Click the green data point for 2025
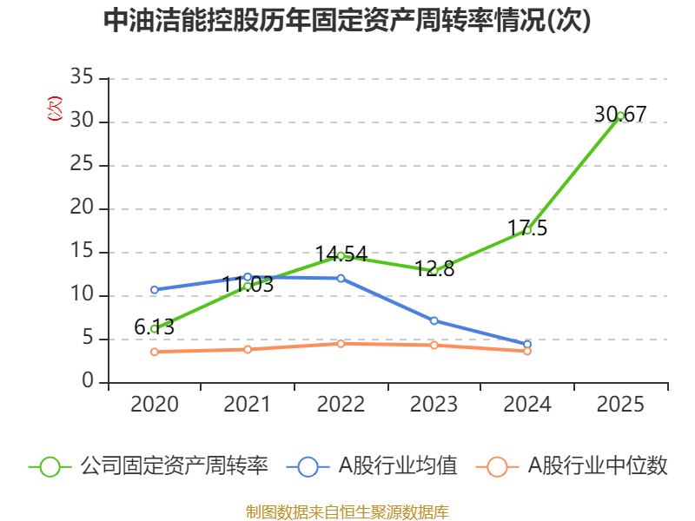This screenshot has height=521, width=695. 620,115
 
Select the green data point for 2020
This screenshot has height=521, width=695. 154,329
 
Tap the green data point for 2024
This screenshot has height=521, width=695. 527,230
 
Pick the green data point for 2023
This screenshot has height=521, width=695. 434,271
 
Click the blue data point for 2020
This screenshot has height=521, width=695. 154,290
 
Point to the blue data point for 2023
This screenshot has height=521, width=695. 434,320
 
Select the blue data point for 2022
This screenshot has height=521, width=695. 341,279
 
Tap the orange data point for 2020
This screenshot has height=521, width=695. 154,352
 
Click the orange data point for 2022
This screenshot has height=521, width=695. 341,344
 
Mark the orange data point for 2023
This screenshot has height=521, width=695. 434,346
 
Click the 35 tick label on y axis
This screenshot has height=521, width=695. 83,78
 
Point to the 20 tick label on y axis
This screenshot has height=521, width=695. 83,208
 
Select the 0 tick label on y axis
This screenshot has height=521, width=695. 89,382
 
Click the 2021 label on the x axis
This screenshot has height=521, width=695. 248,405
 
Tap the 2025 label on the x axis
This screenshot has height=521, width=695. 620,405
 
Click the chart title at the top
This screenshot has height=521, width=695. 347,21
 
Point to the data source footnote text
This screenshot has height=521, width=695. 347,511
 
